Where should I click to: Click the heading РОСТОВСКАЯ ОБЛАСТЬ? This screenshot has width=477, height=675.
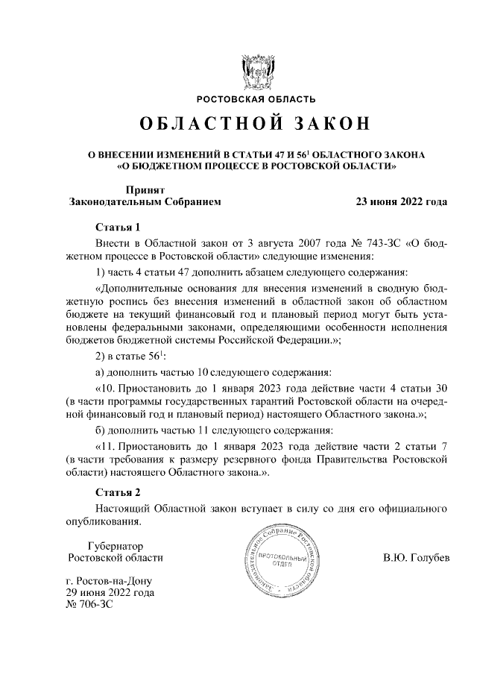(x=256, y=100)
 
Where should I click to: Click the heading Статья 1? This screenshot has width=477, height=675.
(x=119, y=227)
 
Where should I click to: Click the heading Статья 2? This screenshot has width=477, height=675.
(x=119, y=492)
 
